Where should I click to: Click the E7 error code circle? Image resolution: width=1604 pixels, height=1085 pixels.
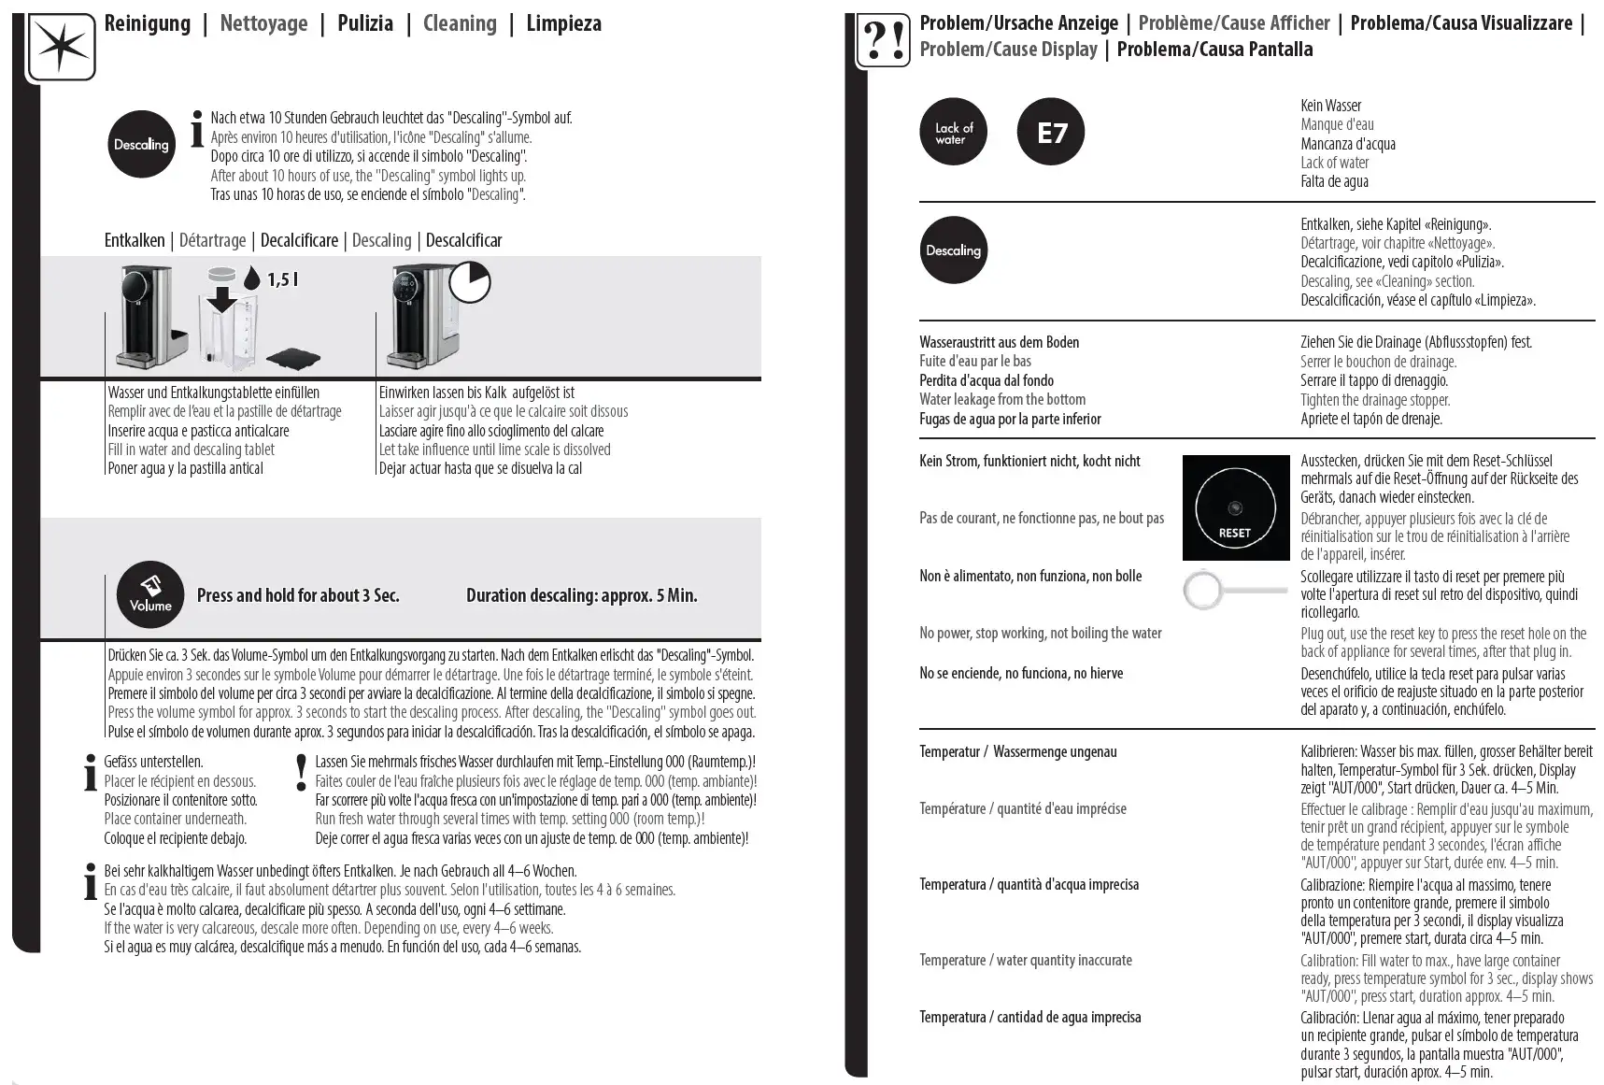1050,133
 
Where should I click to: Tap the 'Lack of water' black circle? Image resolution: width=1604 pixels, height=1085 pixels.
953,133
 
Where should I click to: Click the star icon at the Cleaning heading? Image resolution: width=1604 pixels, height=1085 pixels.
61,47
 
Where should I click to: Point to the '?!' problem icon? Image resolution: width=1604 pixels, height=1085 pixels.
883,42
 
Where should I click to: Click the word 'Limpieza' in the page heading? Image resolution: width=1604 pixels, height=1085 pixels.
563,23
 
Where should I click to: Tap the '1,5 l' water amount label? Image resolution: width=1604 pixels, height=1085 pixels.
282,279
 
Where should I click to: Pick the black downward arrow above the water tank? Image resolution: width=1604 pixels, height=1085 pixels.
222,299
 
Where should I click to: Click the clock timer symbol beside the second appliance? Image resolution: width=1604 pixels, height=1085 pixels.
469,282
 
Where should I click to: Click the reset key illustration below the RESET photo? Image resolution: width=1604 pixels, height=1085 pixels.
1233,590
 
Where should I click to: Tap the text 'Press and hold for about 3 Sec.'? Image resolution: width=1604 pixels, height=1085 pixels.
298,595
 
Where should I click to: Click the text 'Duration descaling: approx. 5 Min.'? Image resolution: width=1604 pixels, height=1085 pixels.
581,595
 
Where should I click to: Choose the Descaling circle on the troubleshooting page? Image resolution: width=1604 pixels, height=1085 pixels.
953,250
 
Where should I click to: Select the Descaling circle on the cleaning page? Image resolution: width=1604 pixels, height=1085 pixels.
141,144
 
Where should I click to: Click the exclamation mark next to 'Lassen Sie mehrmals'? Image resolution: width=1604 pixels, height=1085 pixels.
301,771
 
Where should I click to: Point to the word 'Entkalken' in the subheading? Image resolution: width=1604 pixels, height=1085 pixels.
135,240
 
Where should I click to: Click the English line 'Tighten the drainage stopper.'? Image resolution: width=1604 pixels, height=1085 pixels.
1375,400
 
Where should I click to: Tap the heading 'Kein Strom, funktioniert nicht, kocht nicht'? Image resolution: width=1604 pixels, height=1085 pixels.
1029,461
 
